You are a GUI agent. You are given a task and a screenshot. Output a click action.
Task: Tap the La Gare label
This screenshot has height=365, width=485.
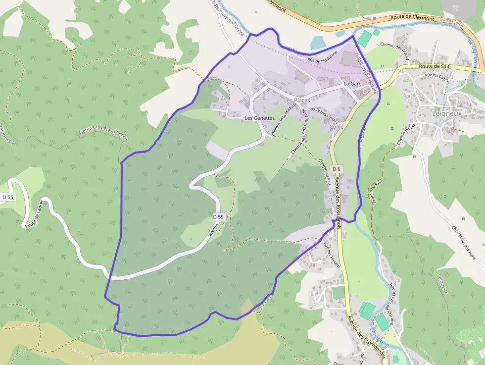352,84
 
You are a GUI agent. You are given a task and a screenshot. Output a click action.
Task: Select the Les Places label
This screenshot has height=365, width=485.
297,101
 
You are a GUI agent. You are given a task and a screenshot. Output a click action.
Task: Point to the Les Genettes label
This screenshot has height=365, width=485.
259,118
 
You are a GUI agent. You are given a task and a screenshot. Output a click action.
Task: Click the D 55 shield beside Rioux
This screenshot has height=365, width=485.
219,217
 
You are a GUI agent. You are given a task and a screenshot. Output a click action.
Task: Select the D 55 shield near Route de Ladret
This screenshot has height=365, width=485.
8,197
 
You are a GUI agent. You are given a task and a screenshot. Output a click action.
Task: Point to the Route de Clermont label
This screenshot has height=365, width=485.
412,18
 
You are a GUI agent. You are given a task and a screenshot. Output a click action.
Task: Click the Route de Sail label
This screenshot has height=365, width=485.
433,66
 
